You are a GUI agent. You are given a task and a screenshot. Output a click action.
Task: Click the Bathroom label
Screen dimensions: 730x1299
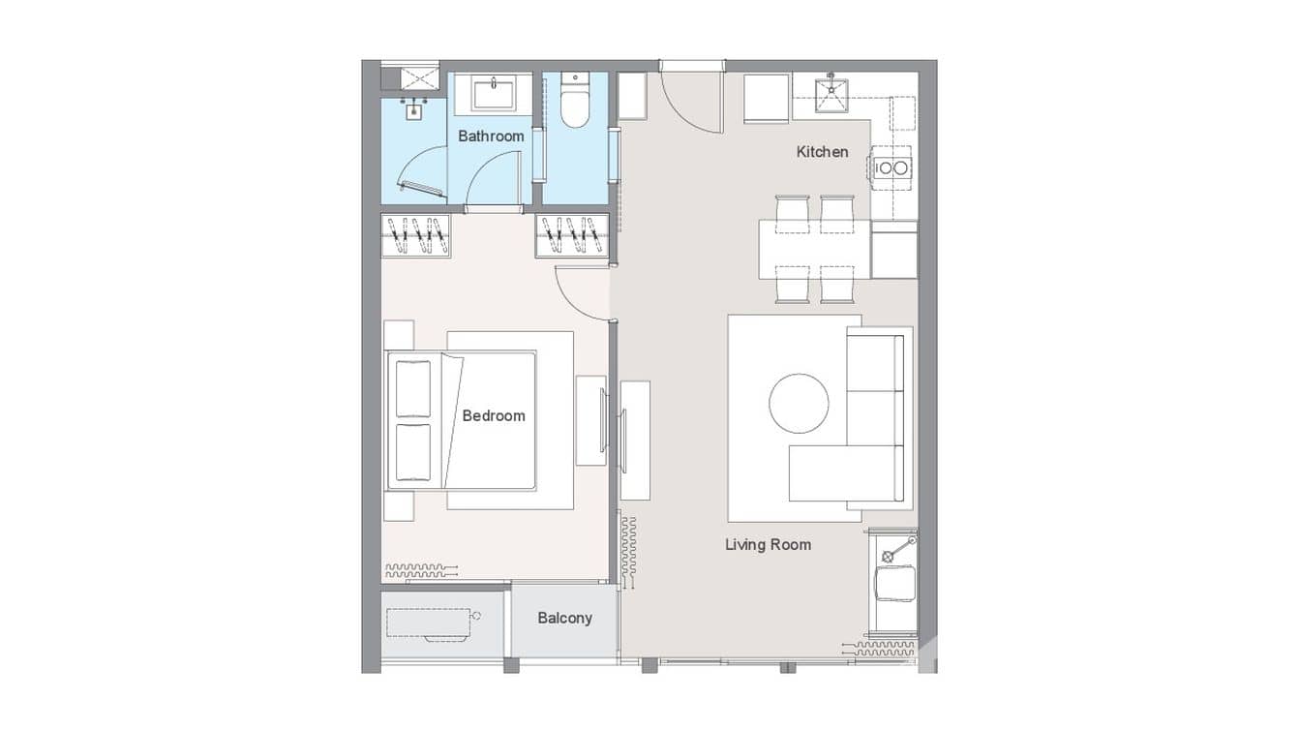tap(491, 137)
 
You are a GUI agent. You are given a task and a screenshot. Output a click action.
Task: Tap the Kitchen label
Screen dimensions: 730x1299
tap(822, 152)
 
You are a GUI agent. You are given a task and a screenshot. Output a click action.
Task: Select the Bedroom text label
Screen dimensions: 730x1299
tap(494, 416)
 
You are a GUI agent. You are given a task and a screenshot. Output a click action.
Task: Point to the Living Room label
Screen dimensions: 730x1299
tap(768, 545)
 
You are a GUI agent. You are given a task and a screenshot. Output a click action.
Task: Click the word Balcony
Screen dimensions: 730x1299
tap(564, 618)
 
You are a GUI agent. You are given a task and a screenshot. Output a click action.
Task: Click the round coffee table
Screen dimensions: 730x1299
tap(799, 404)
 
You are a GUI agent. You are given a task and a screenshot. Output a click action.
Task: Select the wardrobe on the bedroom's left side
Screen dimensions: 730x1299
tap(416, 236)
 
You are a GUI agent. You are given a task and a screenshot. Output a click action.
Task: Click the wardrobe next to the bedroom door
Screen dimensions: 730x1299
tap(572, 236)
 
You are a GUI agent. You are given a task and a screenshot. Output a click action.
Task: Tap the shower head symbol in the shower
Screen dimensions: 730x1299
tap(413, 107)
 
